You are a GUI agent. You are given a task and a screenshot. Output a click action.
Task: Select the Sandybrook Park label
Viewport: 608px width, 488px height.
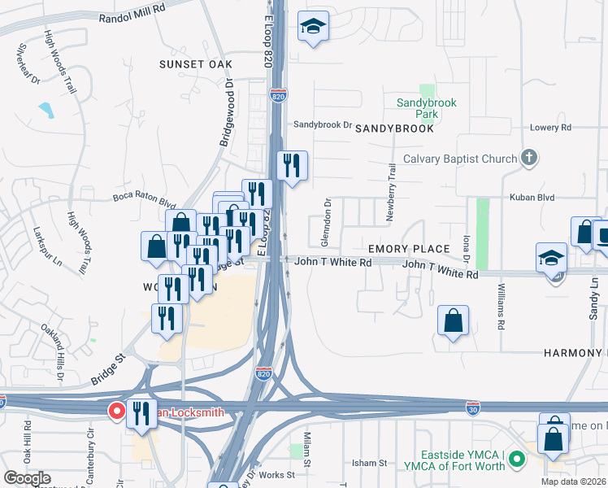[x=427, y=108]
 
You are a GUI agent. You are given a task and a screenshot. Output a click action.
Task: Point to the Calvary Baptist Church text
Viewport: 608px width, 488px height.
[x=459, y=159]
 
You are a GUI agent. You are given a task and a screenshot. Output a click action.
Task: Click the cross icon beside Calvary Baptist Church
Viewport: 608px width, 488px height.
[x=529, y=157]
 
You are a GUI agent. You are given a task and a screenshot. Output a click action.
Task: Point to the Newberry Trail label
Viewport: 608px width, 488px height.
[x=392, y=184]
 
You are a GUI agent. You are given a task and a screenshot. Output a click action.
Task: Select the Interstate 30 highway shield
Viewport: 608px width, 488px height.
[x=472, y=405]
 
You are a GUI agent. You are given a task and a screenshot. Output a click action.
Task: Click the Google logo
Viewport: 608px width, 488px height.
[x=27, y=477]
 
